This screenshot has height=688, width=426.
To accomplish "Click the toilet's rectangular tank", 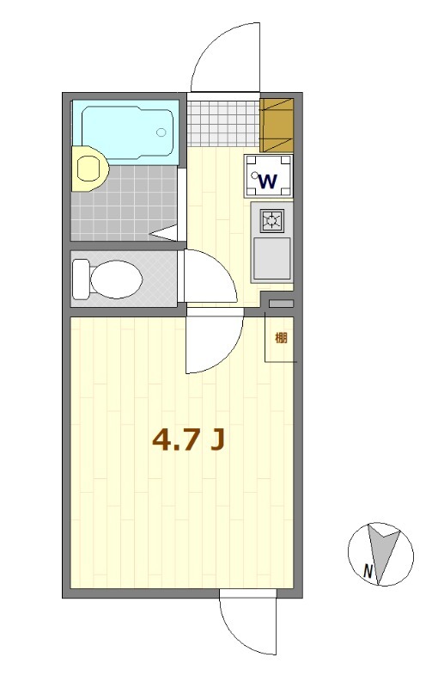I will click(81, 279).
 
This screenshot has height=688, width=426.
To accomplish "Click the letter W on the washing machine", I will click(268, 181).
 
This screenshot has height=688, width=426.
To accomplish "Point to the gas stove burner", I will click(271, 221).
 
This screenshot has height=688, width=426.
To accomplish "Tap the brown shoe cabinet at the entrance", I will click(277, 123).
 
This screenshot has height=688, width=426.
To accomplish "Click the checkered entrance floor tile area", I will click(224, 122).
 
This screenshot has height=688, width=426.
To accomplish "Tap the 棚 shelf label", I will click(281, 337).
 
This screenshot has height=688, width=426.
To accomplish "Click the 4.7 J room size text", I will click(188, 440).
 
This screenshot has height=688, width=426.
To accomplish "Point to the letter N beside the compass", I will click(368, 570).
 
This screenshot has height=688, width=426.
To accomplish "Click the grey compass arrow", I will click(380, 550).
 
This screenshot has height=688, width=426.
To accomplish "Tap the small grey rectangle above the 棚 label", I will click(281, 304).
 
